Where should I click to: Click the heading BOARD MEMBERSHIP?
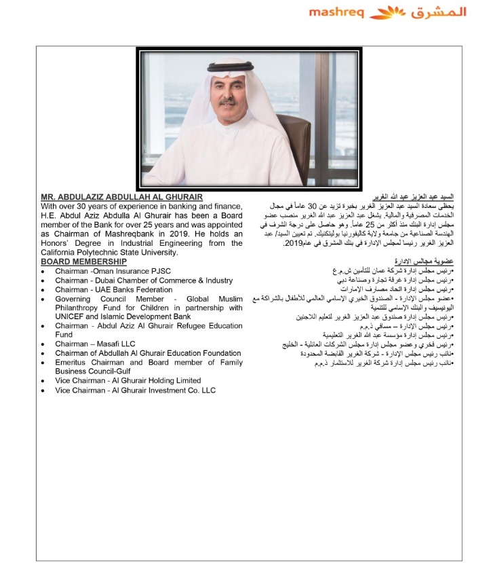(x=83, y=261)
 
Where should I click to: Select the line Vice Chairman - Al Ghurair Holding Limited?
(x=128, y=381)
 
